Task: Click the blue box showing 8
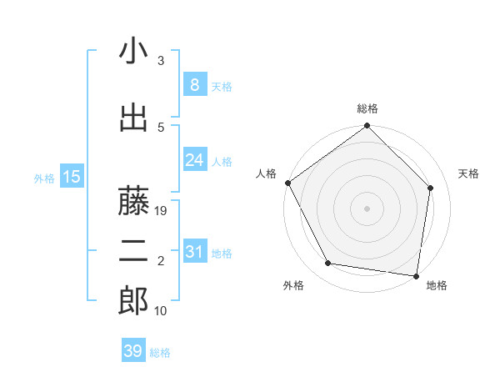pos(194,85)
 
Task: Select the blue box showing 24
pos(194,159)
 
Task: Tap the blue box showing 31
pos(194,252)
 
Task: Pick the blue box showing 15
pos(71,177)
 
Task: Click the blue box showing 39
pos(133,351)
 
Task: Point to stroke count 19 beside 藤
pos(162,211)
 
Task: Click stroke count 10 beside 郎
pos(162,311)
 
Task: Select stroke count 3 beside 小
pos(161,61)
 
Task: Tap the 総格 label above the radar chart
pos(367,108)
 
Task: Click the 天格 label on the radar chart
pos(468,173)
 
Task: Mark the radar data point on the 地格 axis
pos(416,275)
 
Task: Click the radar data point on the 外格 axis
pos(328,264)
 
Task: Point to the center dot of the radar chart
pos(367,208)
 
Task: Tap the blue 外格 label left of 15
pos(44,178)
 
